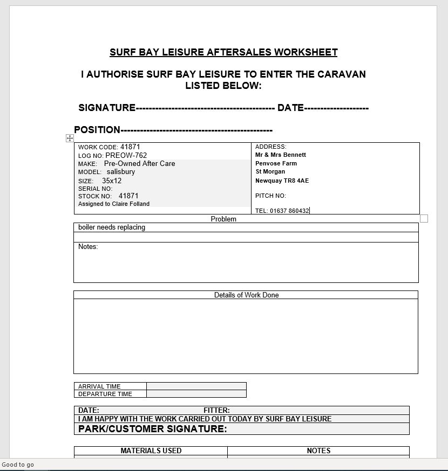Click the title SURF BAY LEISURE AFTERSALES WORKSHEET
223,52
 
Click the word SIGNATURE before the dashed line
107,108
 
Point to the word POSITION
97,130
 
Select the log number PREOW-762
126,155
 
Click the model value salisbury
121,172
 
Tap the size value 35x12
112,181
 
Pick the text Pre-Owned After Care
139,163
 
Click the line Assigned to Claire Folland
114,204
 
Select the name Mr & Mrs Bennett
281,155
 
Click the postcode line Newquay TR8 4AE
282,181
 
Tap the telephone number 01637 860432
289,211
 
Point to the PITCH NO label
270,196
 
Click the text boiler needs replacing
112,227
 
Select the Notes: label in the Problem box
88,247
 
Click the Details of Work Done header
246,295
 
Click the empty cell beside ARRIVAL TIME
196,386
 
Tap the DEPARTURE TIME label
105,394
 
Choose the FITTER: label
216,410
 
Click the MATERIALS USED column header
151,451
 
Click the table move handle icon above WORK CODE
70,138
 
